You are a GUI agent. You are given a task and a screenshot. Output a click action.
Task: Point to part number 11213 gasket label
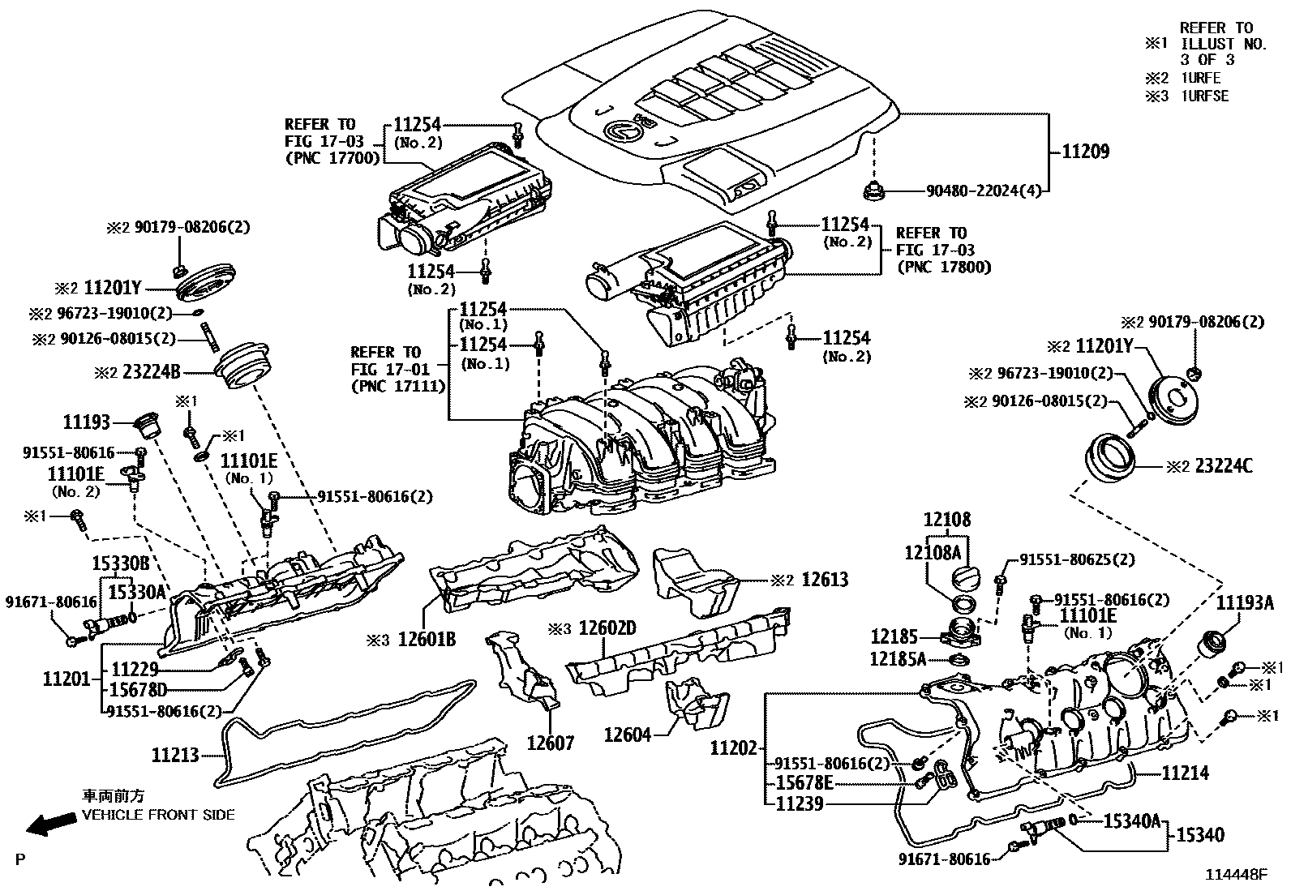[x=175, y=756]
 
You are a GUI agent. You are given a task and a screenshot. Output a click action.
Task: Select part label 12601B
[x=427, y=640]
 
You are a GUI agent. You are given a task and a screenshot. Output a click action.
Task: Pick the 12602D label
[x=607, y=628]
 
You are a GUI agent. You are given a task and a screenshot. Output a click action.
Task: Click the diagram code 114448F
[x=1235, y=875]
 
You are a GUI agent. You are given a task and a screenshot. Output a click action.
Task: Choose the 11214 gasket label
[x=1185, y=773]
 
